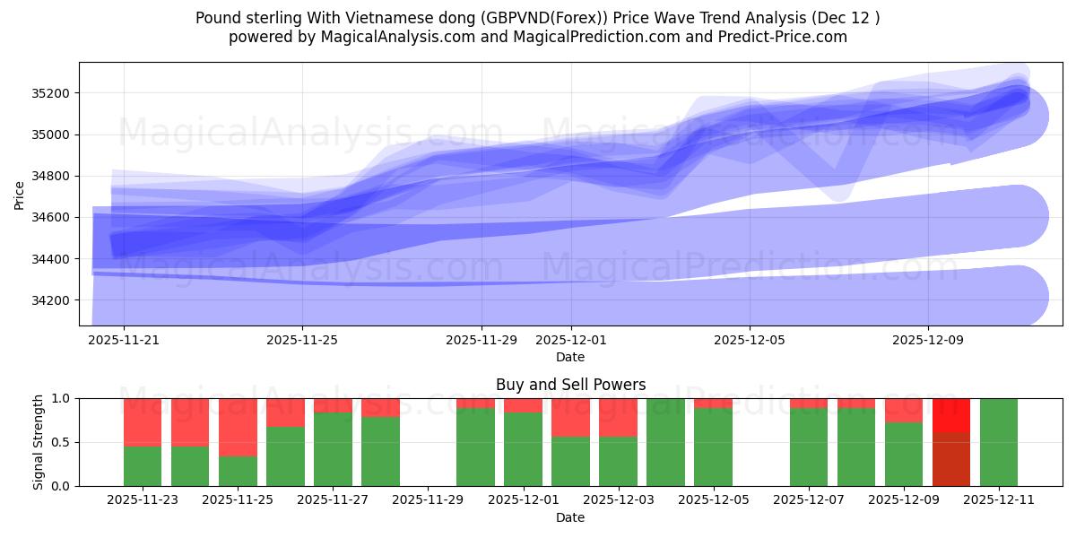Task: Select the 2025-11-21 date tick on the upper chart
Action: tap(124, 340)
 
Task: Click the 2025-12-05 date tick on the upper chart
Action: tap(750, 340)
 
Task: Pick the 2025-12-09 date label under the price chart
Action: tap(928, 340)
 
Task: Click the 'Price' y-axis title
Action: tap(20, 194)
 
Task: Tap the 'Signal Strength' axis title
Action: tap(38, 442)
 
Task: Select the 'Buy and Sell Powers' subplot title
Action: tap(570, 385)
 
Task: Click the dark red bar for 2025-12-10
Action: tap(951, 459)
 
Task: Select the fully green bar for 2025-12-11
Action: tap(999, 442)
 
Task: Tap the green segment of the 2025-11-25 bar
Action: tap(238, 471)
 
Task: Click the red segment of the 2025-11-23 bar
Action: tap(143, 421)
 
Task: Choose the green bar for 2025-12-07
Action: tap(809, 447)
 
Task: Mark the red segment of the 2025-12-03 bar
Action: tap(618, 417)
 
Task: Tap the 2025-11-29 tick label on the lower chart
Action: tap(428, 500)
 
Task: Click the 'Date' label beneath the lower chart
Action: tap(570, 517)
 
